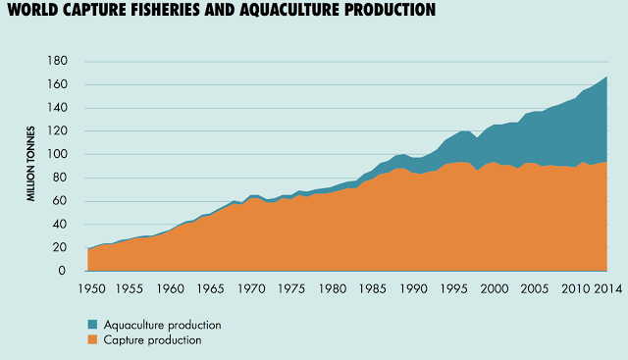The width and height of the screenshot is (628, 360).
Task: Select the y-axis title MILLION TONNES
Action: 30,164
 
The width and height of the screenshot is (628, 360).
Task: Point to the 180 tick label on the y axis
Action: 58,61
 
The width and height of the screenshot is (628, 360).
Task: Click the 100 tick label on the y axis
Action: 58,154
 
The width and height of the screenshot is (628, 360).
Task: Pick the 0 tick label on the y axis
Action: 62,271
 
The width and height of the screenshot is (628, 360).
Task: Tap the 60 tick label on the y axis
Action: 59,201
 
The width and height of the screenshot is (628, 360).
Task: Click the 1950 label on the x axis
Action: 92,288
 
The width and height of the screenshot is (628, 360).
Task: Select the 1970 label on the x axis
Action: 251,288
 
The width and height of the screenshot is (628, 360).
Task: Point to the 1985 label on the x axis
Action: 373,288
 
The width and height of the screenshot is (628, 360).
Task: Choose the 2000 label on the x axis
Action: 495,288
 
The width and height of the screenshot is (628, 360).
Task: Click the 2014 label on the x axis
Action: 607,288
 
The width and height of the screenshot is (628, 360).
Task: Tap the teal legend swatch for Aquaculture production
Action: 92,325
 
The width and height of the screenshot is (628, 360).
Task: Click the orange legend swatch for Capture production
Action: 92,340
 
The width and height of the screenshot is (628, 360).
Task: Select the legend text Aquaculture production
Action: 163,325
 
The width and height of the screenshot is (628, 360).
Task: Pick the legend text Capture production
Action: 153,340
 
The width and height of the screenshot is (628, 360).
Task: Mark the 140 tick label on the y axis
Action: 58,107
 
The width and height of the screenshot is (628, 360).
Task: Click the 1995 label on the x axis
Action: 453,288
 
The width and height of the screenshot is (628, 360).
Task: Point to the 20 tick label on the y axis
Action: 59,247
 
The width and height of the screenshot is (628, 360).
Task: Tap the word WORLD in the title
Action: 32,10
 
